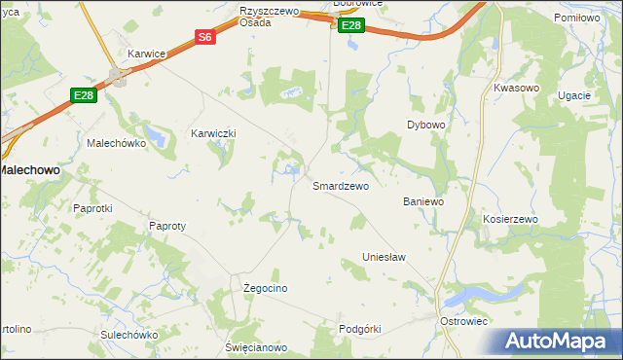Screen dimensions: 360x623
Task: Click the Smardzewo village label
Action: point(340,186)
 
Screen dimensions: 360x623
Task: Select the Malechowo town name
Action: point(30,169)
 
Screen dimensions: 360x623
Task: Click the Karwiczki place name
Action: point(213,133)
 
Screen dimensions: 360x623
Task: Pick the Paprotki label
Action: point(93,208)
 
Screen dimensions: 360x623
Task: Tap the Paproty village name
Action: point(166,226)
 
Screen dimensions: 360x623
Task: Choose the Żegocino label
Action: point(265,289)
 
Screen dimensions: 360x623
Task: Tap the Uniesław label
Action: point(383,257)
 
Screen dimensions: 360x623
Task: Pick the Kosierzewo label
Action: point(510,220)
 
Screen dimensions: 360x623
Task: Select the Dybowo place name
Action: point(425,126)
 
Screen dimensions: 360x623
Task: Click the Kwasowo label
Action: point(516,88)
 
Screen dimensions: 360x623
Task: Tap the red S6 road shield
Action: point(204,37)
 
